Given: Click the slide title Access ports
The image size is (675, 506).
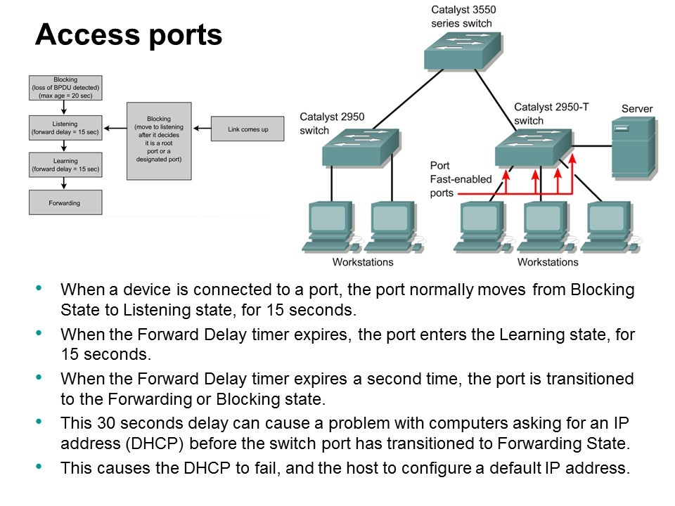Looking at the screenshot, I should pos(129,34).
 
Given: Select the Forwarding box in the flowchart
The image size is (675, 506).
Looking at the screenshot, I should pos(65,202).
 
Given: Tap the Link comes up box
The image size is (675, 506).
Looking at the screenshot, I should pos(248,129).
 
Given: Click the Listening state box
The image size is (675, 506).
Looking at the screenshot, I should pos(65,127).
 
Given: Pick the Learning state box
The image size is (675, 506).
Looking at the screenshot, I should pos(65,164).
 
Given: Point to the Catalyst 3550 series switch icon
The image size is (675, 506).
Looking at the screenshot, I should pos(463,50).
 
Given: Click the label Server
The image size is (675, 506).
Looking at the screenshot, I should pos(637,109).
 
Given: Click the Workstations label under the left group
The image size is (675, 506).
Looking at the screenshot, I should pos(363,262).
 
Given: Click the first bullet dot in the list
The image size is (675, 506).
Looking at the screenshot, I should pos(38,287).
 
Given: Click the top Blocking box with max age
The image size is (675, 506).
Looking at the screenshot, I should pos(65,88).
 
